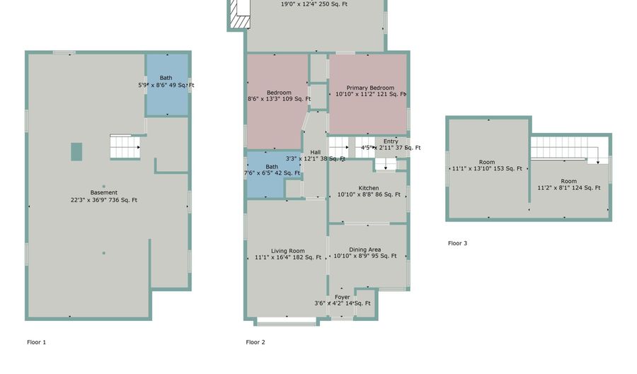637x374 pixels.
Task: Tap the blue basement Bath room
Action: pos(166,84)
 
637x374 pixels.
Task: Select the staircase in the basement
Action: pos(125,147)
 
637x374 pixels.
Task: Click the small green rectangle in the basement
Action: pos(76,151)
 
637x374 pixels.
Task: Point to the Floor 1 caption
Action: pos(37,342)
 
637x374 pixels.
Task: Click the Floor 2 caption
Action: pos(256,342)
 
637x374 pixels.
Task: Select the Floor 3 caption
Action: pos(457,243)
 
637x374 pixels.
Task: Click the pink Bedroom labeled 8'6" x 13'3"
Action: pos(278,95)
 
